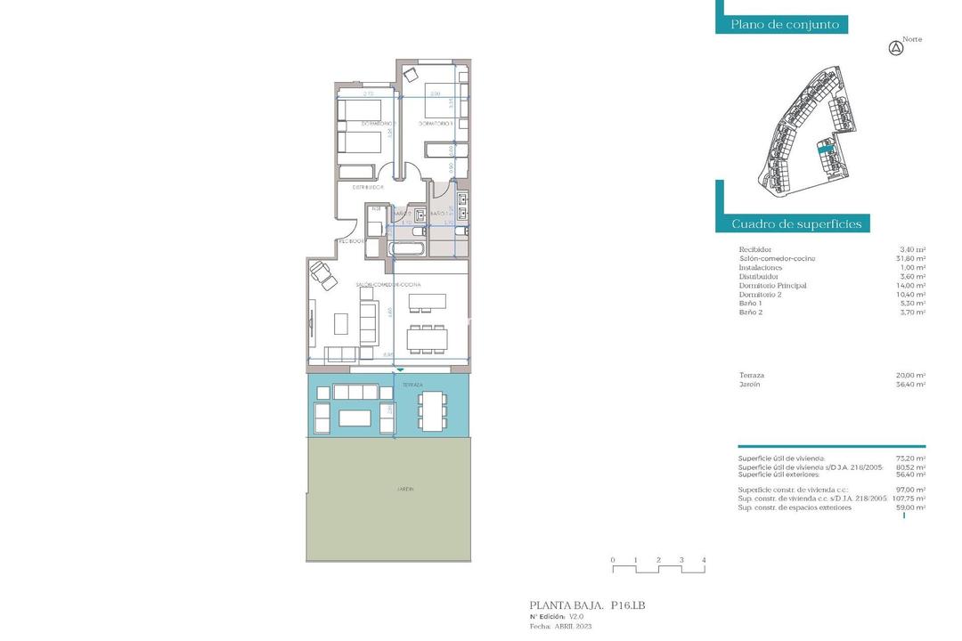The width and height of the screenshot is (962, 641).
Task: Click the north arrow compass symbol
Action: (897, 49)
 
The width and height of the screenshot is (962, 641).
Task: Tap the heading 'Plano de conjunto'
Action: (785, 25)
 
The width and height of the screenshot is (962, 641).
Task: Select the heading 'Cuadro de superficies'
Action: (796, 223)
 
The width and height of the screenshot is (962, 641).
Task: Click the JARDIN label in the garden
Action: (406, 489)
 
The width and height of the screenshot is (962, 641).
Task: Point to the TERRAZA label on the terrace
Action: (412, 385)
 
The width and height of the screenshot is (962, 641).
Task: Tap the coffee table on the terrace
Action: (355, 417)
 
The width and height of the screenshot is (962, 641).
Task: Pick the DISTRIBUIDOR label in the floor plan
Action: (367, 188)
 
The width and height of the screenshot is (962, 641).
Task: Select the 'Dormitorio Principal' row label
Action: (772, 286)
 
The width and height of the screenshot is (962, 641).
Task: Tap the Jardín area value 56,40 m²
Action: (910, 384)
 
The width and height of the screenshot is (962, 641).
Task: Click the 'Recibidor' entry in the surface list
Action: (755, 250)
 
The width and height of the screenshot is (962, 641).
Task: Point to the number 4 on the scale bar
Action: (704, 560)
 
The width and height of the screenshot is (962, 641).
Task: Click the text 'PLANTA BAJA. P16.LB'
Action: (587, 605)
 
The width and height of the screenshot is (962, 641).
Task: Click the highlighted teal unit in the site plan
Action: (825, 151)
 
